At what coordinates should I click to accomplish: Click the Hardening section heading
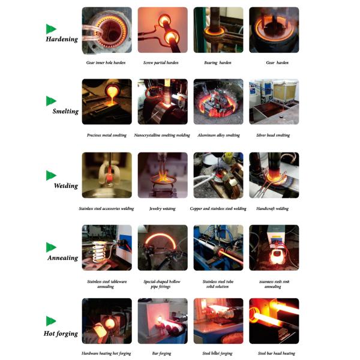coord(62,39)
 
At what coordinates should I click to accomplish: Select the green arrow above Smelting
coord(51,100)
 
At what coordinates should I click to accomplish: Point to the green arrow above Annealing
coord(51,247)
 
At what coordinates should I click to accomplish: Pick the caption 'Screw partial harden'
coord(162,62)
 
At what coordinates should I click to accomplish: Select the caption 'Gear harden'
coord(274,62)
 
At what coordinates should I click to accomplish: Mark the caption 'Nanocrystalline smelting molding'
coord(162,135)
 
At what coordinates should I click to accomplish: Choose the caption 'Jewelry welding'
coord(162,208)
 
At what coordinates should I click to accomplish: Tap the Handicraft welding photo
coord(274,175)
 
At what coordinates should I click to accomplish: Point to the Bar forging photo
coord(162,321)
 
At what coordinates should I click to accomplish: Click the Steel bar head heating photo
coord(274,321)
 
